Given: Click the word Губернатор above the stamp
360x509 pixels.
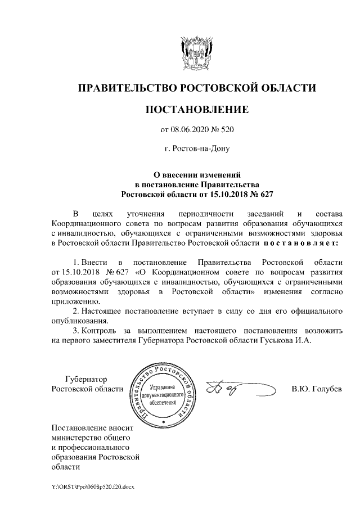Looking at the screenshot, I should point(85,379).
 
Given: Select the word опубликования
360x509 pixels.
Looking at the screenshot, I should point(80,321).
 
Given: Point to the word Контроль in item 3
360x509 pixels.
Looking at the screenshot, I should point(100,331).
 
